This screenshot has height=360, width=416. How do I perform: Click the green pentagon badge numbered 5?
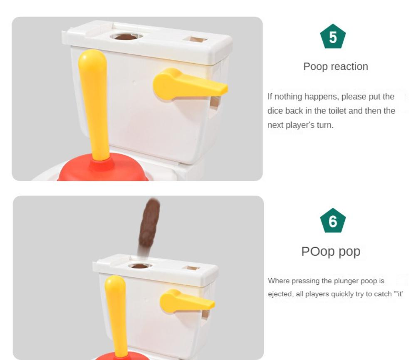tap(333, 37)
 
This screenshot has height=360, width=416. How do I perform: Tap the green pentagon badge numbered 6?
tap(333, 222)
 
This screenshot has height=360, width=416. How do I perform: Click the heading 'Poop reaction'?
tap(335, 67)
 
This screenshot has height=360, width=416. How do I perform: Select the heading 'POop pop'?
tap(331, 252)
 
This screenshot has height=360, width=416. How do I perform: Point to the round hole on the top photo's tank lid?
tap(126, 37)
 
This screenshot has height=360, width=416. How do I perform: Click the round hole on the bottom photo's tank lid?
tap(140, 266)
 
